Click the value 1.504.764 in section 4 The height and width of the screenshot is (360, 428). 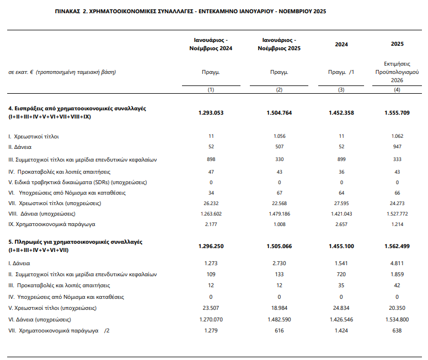[x=279, y=112]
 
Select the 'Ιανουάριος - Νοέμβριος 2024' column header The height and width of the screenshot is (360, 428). [x=211, y=44]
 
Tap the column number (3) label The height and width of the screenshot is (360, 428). [x=341, y=89]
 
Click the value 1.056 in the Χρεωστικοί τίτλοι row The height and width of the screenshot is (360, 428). [x=279, y=136]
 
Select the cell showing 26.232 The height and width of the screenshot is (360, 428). [x=211, y=203]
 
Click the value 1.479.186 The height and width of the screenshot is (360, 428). [x=279, y=213]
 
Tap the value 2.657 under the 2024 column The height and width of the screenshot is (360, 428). [x=341, y=224]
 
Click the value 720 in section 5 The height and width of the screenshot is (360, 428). [x=341, y=274]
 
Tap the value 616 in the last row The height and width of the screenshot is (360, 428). [x=279, y=330]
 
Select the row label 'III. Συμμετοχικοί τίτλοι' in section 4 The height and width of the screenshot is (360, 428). [x=83, y=159]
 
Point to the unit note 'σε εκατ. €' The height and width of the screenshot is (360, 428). [x=20, y=72]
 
